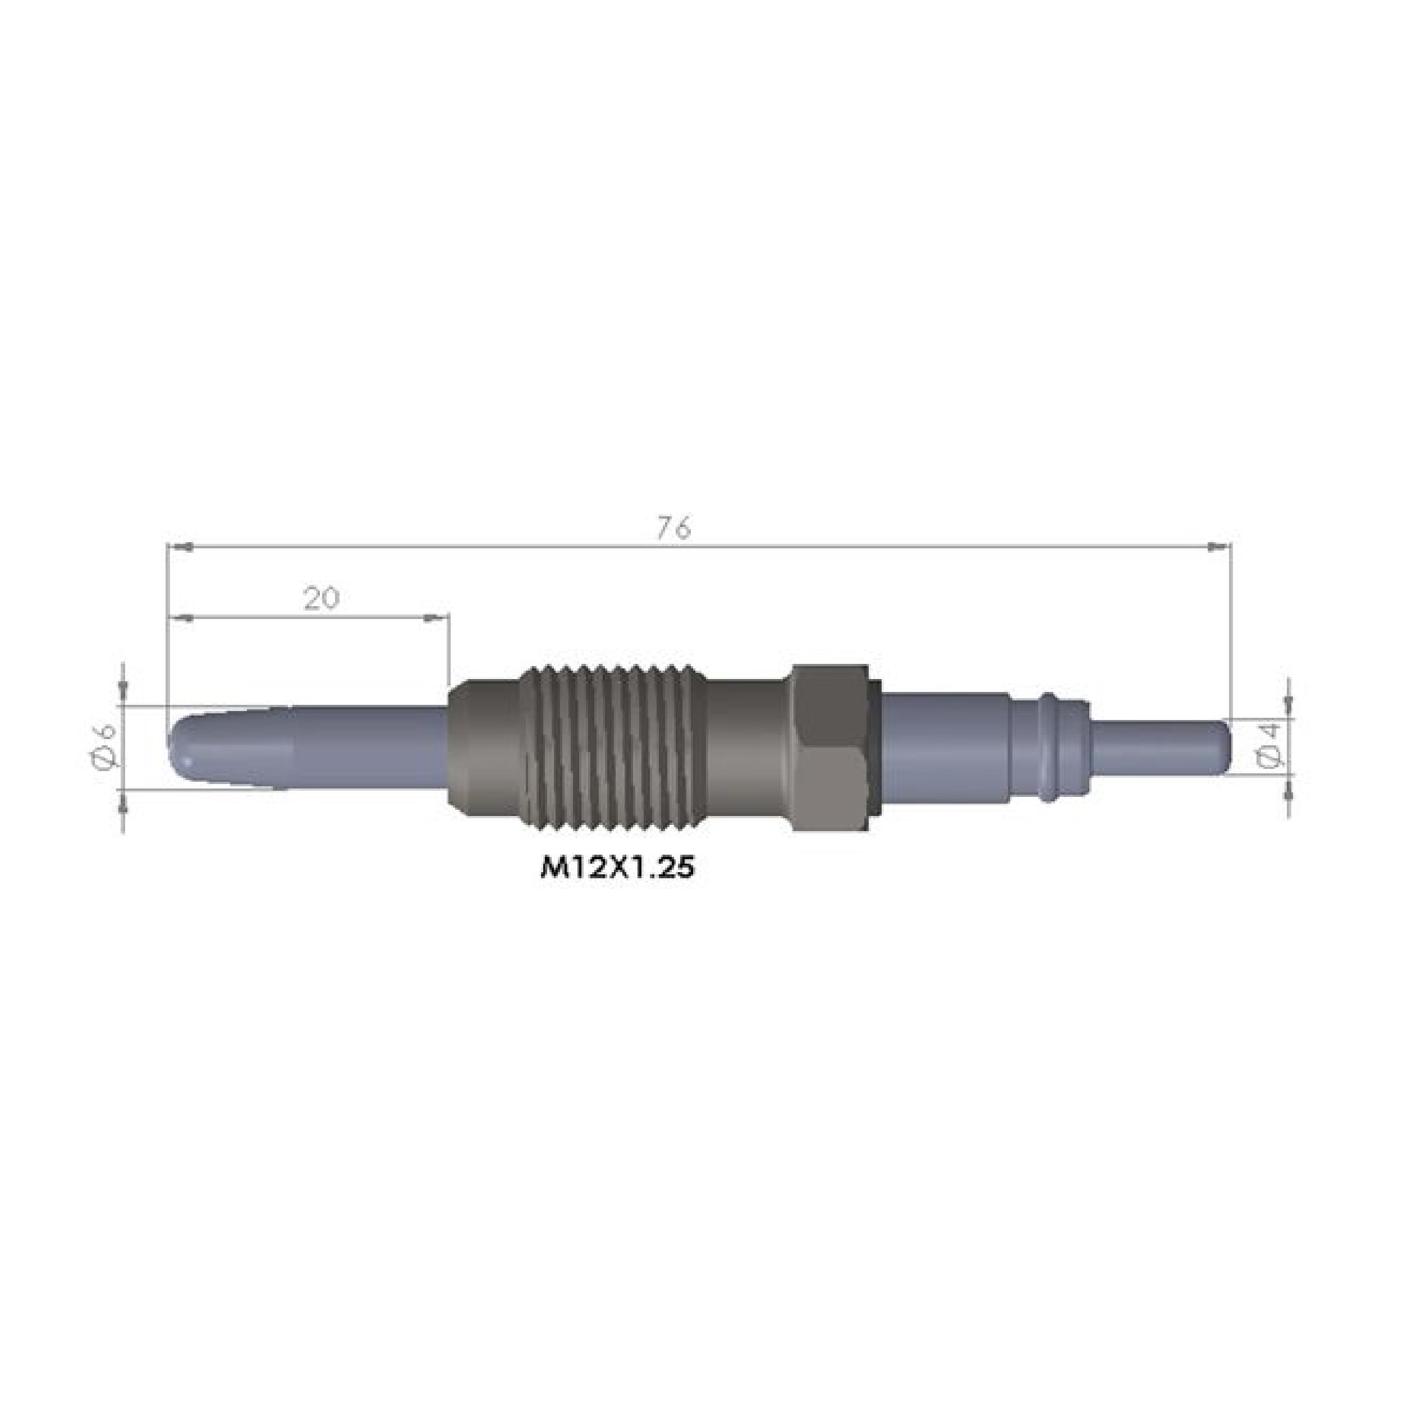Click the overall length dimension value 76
point(675,529)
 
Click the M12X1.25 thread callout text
point(617,869)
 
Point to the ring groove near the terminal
point(1050,748)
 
